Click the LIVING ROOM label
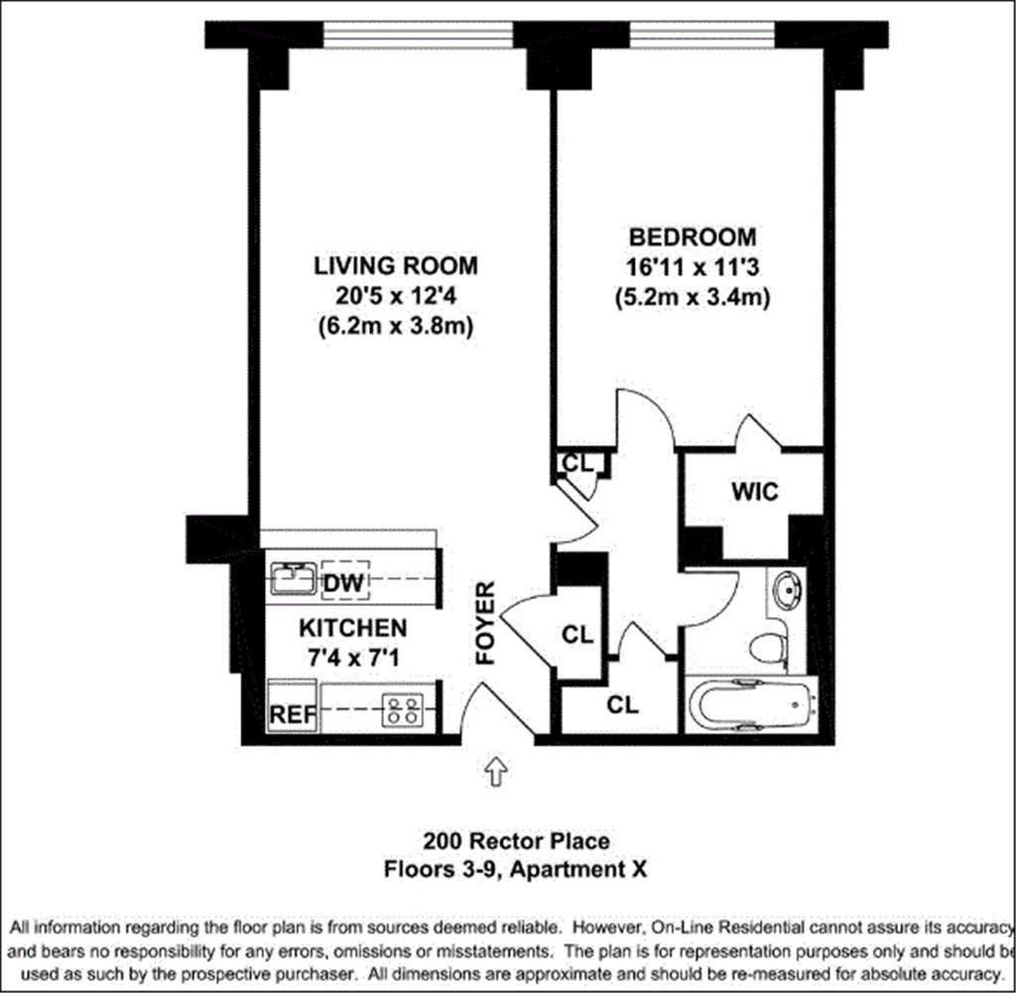click(x=396, y=266)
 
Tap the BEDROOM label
click(x=693, y=237)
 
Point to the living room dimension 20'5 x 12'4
click(x=396, y=295)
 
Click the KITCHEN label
click(x=353, y=628)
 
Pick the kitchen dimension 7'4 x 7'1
click(x=353, y=656)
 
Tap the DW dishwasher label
click(x=342, y=582)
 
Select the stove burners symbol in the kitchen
click(x=403, y=708)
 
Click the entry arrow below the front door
click(x=495, y=770)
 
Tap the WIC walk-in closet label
click(x=755, y=491)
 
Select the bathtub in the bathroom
click(x=750, y=706)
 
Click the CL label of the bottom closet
click(x=622, y=705)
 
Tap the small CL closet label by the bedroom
click(x=577, y=463)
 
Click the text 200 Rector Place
click(x=516, y=842)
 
